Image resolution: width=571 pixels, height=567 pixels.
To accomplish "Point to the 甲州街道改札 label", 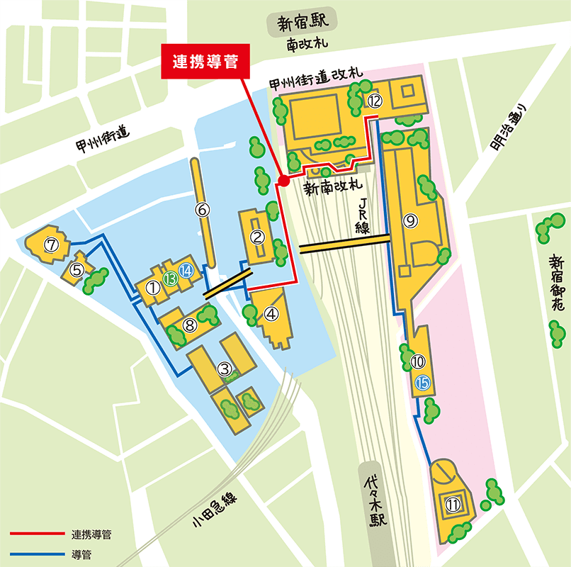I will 316,78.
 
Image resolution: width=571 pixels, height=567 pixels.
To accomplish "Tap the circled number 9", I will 410,220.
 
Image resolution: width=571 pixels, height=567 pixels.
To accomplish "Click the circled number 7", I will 50,245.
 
